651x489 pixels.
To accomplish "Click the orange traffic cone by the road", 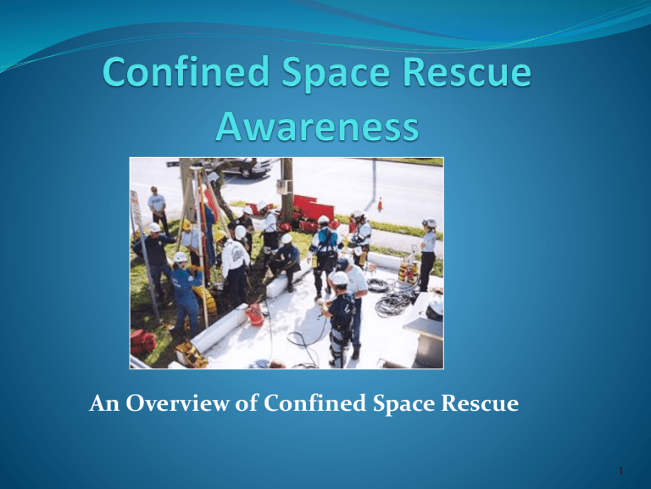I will (x=380, y=205).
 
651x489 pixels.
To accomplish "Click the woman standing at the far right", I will (x=427, y=251).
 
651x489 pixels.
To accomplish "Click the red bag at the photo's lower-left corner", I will (x=143, y=341).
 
